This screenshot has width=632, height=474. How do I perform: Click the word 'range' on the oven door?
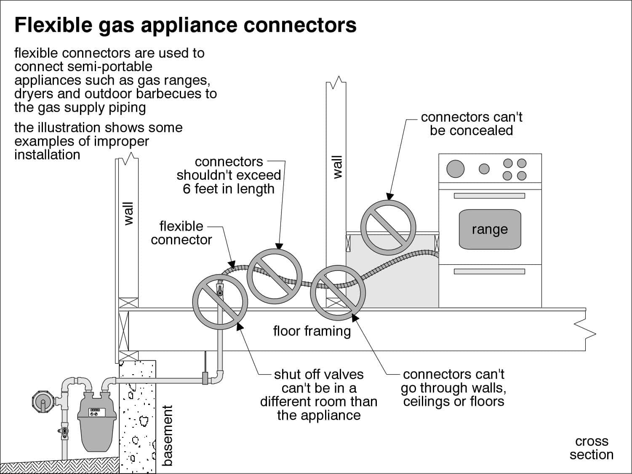tap(489, 229)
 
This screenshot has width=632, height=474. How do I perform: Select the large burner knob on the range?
tap(455, 169)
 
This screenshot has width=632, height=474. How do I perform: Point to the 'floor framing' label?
tap(312, 331)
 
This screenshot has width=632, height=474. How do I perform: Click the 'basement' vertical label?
tap(168, 435)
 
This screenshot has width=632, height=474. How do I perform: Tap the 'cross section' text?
tap(591, 448)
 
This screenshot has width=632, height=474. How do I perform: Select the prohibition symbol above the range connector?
tap(388, 227)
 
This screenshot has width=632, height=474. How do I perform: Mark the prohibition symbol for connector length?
tap(274, 276)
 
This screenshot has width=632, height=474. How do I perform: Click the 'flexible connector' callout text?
tap(181, 233)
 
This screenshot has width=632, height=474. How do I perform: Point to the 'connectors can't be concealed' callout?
tap(471, 124)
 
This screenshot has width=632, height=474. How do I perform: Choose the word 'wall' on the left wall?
tap(128, 213)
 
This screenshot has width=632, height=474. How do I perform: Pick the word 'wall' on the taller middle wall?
tap(337, 167)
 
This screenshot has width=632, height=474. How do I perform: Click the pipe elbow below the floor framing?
tap(219, 377)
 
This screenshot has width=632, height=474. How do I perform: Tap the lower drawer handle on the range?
tap(489, 272)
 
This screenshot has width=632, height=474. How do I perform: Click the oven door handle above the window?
tap(489, 196)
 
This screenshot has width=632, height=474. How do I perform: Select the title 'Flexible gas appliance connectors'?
tap(185, 25)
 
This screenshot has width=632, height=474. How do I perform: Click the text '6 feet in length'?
tap(228, 189)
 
